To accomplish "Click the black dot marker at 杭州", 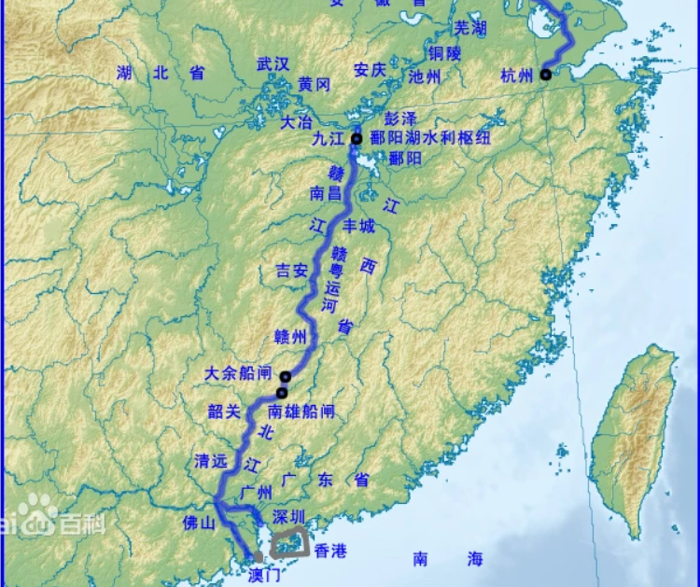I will (x=546, y=75).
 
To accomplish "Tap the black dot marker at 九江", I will (x=357, y=139).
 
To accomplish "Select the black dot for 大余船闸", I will (x=286, y=377).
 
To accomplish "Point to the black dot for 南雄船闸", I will (x=281, y=393).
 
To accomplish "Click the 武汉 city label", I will (x=273, y=63).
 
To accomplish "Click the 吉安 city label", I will (x=290, y=272).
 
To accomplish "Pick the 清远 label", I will (x=210, y=461).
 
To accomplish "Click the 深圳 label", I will (x=287, y=515).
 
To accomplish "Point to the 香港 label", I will (x=330, y=552).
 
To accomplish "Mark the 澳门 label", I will (x=265, y=573).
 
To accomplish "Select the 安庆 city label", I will (x=370, y=70).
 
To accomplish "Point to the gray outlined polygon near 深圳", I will (x=289, y=541).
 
